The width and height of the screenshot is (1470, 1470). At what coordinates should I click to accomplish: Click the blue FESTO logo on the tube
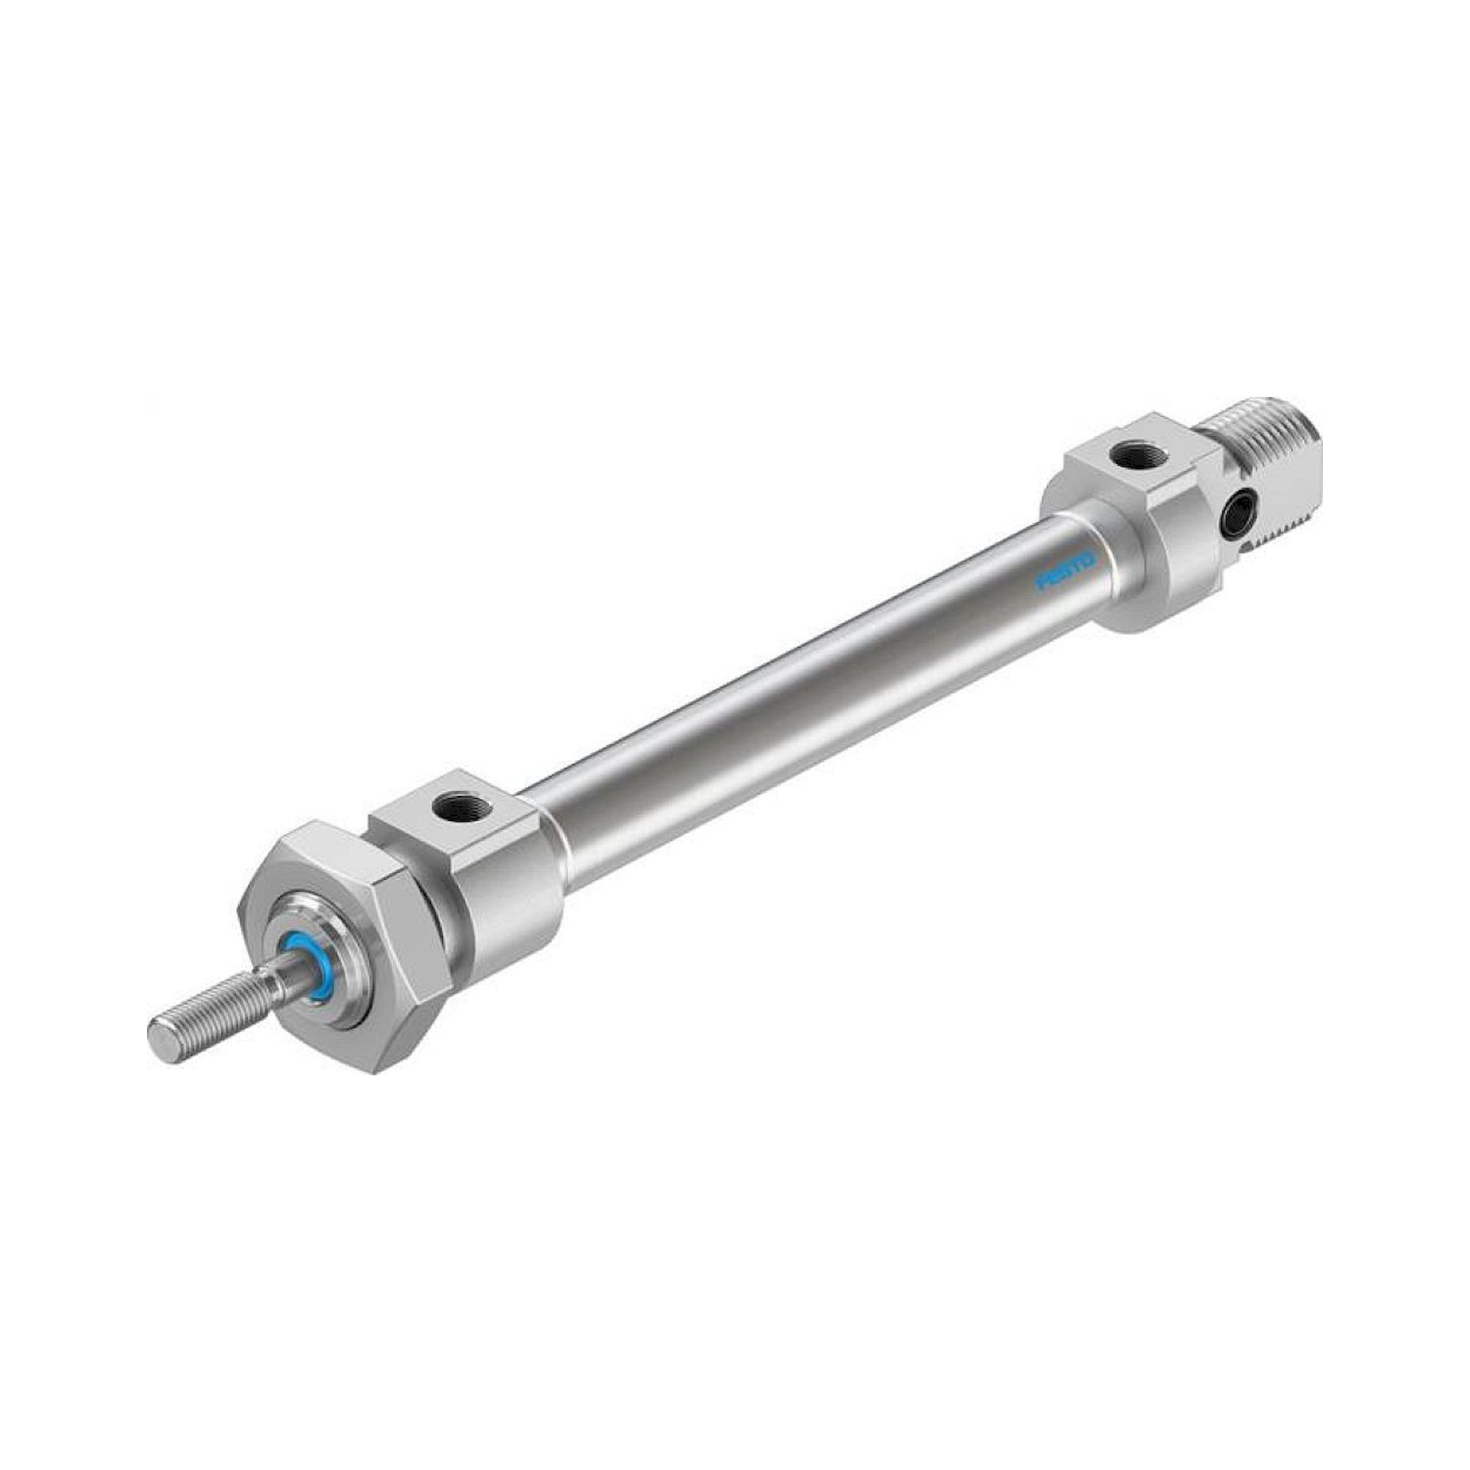click(x=1067, y=570)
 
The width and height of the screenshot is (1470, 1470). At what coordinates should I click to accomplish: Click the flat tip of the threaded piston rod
click(x=160, y=1034)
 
